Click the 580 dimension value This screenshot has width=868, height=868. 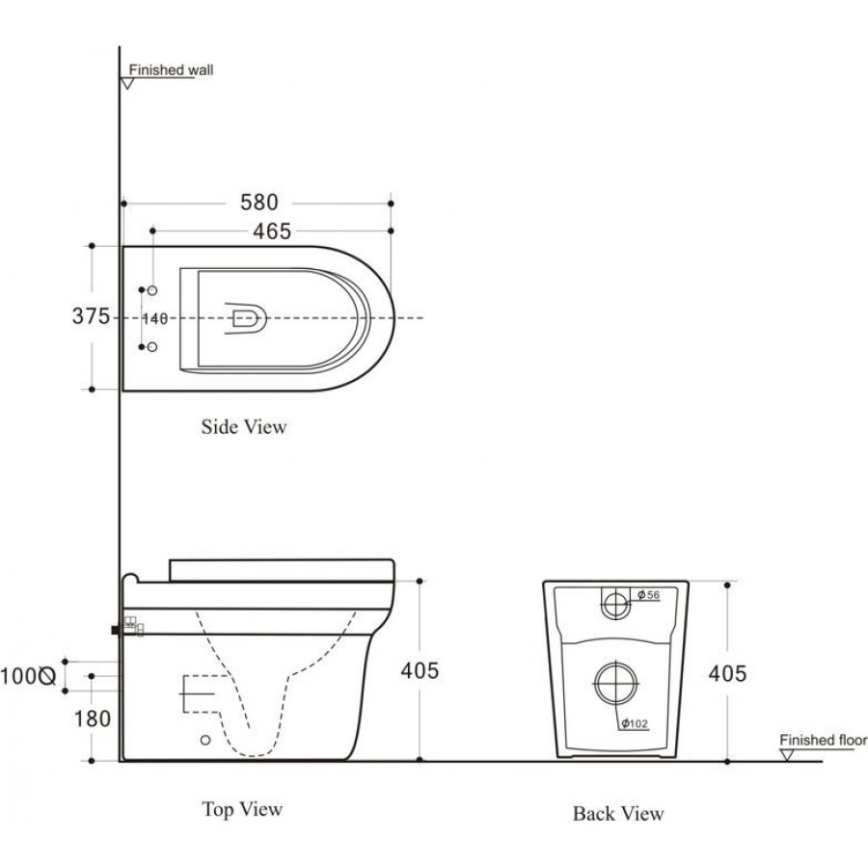click(259, 203)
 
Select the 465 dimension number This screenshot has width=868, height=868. click(272, 231)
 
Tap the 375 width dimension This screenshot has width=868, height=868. click(91, 316)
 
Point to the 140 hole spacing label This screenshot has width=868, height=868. click(155, 319)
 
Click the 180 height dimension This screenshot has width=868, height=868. click(93, 719)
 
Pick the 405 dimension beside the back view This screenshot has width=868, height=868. click(727, 673)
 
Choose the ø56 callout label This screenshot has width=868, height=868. click(648, 595)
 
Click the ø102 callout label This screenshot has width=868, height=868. click(635, 723)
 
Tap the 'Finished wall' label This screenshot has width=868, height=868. click(171, 70)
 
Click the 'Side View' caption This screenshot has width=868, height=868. click(244, 427)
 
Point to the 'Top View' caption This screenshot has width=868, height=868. click(242, 809)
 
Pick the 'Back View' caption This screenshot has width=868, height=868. click(618, 814)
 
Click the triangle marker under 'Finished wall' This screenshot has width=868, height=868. click(127, 84)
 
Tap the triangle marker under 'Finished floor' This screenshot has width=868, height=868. click(786, 755)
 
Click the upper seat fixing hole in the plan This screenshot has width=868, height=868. click(152, 290)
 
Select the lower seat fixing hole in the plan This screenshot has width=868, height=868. click(152, 347)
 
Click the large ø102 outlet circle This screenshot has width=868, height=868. click(615, 663)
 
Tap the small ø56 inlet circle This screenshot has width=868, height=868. click(615, 592)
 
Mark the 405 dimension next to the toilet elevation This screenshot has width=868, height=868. click(420, 670)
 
